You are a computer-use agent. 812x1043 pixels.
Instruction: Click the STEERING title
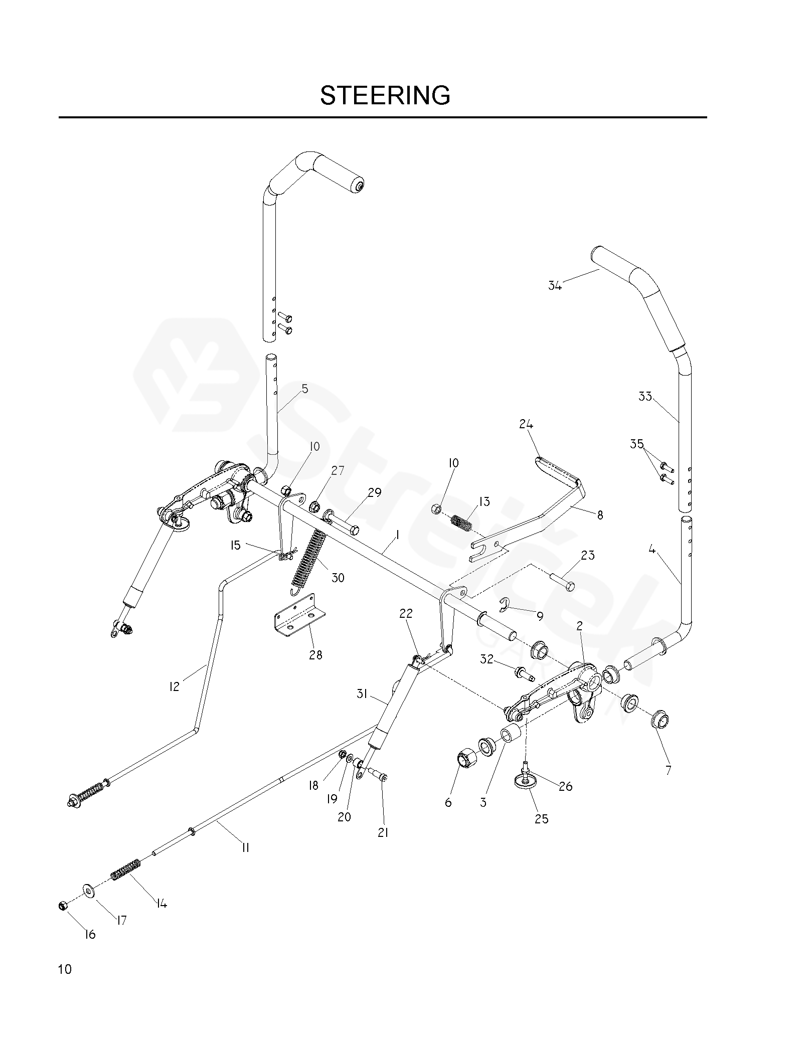point(385,95)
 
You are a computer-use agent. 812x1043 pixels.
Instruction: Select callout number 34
point(555,286)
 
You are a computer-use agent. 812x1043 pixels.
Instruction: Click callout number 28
point(315,654)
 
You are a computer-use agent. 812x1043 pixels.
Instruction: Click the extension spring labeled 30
point(308,558)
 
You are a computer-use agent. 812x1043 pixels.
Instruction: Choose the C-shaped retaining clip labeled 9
point(508,605)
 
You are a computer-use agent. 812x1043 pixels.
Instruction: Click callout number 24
point(526,424)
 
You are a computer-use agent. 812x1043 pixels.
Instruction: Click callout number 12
point(174,686)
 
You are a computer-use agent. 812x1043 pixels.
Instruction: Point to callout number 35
point(636,444)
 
